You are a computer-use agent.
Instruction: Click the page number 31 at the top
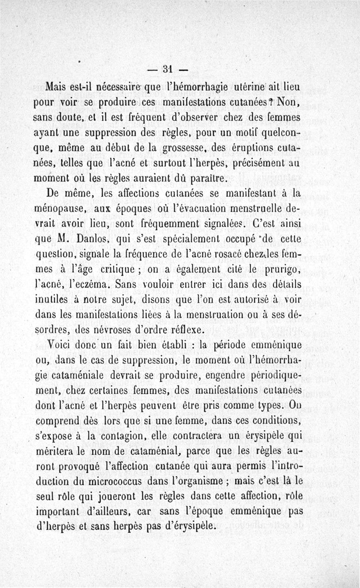pos(168,69)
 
